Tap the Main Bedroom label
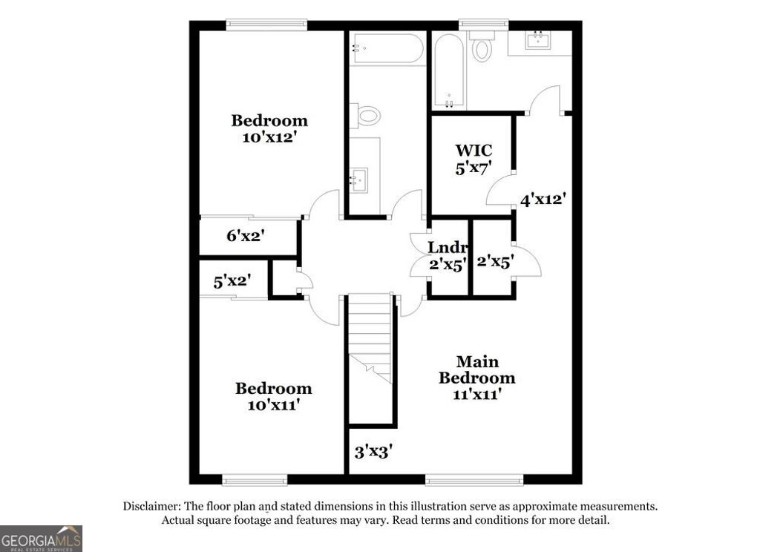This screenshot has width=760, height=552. pyautogui.click(x=476, y=369)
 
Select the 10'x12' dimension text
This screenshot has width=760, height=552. pyautogui.click(x=269, y=137)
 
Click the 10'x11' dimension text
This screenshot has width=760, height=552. pyautogui.click(x=273, y=405)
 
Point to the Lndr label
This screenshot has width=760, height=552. pyautogui.click(x=448, y=247)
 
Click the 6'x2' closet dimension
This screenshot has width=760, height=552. pyautogui.click(x=246, y=237)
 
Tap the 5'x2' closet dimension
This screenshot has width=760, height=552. pyautogui.click(x=231, y=281)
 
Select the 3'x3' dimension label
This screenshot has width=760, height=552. pyautogui.click(x=373, y=450)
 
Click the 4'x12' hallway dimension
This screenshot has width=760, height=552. pyautogui.click(x=543, y=199)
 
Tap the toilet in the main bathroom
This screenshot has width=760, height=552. pyautogui.click(x=482, y=49)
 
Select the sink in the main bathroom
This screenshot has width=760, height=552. pyautogui.click(x=537, y=41)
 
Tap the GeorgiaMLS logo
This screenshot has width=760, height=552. pyautogui.click(x=41, y=539)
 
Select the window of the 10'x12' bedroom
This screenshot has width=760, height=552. pyautogui.click(x=266, y=25)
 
